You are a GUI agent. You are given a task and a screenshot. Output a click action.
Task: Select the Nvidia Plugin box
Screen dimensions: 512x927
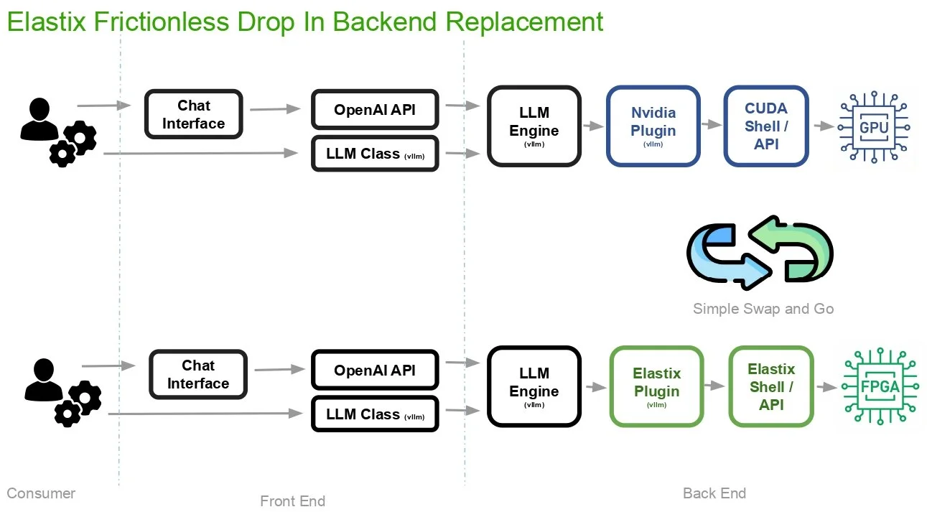coord(653,126)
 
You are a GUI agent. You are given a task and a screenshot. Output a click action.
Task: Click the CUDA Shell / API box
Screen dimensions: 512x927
coord(766,126)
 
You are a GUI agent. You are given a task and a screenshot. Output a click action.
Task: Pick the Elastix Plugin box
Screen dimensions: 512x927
coord(656,387)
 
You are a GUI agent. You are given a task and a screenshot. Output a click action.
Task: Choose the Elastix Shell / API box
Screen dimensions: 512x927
coord(771,386)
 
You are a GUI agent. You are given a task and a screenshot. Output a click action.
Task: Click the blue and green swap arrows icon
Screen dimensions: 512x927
coord(760,248)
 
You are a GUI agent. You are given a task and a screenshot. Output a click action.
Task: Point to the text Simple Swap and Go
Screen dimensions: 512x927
coord(763,309)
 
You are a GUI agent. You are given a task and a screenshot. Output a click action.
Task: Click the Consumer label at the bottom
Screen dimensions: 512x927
coord(41,493)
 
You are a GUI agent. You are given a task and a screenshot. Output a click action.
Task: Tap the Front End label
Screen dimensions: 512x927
coord(292,501)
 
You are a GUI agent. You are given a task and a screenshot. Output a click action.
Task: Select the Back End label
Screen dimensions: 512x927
coord(714,493)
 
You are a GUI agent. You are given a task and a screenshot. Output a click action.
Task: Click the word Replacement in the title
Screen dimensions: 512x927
coord(524,22)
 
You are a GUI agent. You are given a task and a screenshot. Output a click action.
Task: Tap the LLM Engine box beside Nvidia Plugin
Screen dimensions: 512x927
coord(534,126)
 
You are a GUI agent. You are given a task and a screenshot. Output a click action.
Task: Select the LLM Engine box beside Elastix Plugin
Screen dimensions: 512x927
coord(534,386)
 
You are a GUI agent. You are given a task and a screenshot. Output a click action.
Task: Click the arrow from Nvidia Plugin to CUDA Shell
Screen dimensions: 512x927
coord(712,124)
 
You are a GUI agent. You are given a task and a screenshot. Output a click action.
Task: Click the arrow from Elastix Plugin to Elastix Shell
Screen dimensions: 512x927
coord(715,386)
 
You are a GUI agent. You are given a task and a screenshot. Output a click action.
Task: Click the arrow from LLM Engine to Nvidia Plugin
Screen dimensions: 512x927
coord(593,126)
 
